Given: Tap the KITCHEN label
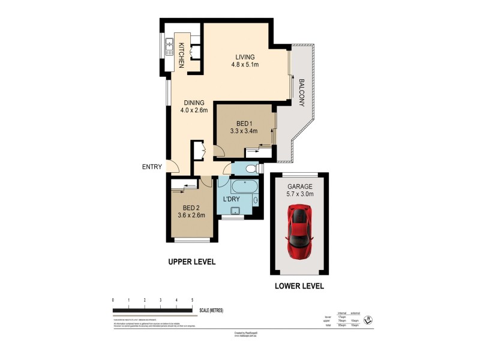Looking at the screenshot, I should (181, 54).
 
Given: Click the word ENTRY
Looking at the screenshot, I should (152, 167).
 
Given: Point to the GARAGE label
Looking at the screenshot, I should (298, 186).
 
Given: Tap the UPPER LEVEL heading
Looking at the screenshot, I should (191, 262).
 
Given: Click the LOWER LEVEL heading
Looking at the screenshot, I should (299, 286).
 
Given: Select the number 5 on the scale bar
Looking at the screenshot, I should (192, 299).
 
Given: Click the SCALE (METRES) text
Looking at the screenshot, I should (211, 310).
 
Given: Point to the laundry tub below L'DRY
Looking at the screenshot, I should (236, 210).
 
